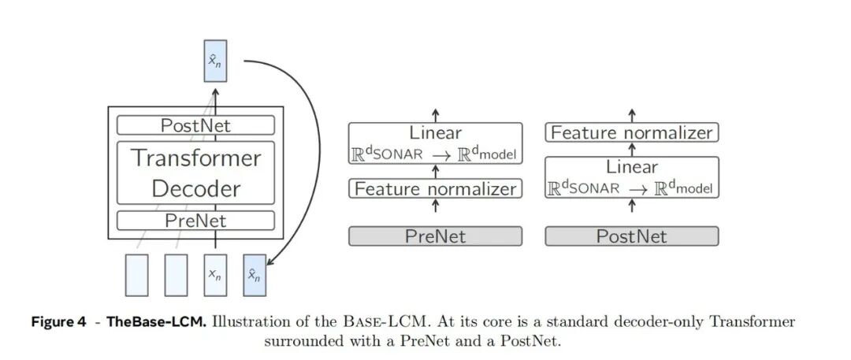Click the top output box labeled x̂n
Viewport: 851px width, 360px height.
click(215, 61)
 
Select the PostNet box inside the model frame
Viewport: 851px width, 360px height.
click(195, 125)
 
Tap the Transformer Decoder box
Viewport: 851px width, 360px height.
click(195, 173)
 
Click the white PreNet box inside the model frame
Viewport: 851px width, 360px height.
click(195, 221)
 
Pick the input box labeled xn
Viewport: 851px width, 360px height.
click(215, 275)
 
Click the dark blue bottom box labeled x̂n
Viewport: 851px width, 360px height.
click(255, 275)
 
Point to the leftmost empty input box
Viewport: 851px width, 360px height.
click(136, 275)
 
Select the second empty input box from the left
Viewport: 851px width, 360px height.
click(176, 275)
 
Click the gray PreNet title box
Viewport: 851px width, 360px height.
click(435, 236)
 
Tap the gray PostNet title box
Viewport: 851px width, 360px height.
click(632, 236)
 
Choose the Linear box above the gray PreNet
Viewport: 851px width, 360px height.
click(435, 143)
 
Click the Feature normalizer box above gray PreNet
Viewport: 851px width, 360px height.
click(435, 188)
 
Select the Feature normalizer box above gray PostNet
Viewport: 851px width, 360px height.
click(632, 132)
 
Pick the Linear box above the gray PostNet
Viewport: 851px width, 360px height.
click(632, 177)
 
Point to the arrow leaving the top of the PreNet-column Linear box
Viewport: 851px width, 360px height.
click(435, 116)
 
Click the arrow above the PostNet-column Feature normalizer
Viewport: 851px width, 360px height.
click(632, 117)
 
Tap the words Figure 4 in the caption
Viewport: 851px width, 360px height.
click(58, 322)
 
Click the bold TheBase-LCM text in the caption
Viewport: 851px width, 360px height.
click(156, 322)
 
